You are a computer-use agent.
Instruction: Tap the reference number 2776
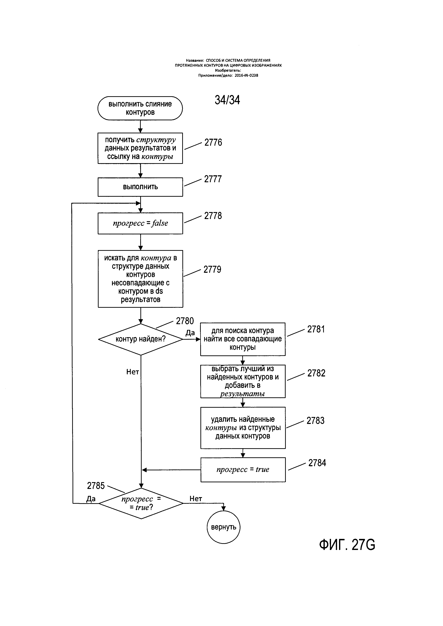(x=213, y=142)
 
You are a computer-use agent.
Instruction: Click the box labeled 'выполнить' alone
(x=140, y=187)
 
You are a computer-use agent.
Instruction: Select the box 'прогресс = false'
(x=140, y=223)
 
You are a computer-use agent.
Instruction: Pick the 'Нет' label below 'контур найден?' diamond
(x=133, y=372)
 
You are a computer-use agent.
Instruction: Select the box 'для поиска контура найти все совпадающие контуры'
(x=243, y=339)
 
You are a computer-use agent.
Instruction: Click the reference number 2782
(x=316, y=373)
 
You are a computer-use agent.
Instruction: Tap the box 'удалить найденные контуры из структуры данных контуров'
(x=243, y=428)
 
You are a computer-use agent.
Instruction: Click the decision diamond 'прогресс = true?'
(x=141, y=503)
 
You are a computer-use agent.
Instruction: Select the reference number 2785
(x=96, y=486)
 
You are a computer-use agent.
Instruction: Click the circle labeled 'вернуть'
(x=223, y=527)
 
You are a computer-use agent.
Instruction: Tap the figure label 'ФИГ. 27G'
(x=347, y=545)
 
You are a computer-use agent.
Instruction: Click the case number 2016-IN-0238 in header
(x=246, y=76)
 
